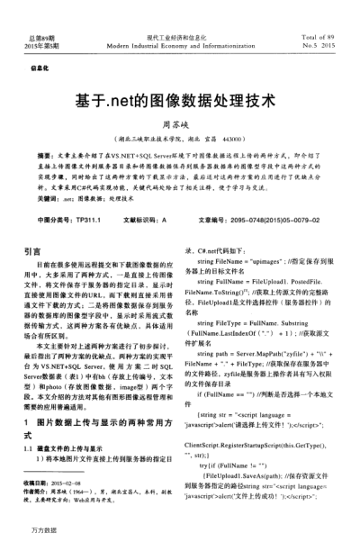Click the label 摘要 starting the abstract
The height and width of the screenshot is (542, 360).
[x=48, y=156]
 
